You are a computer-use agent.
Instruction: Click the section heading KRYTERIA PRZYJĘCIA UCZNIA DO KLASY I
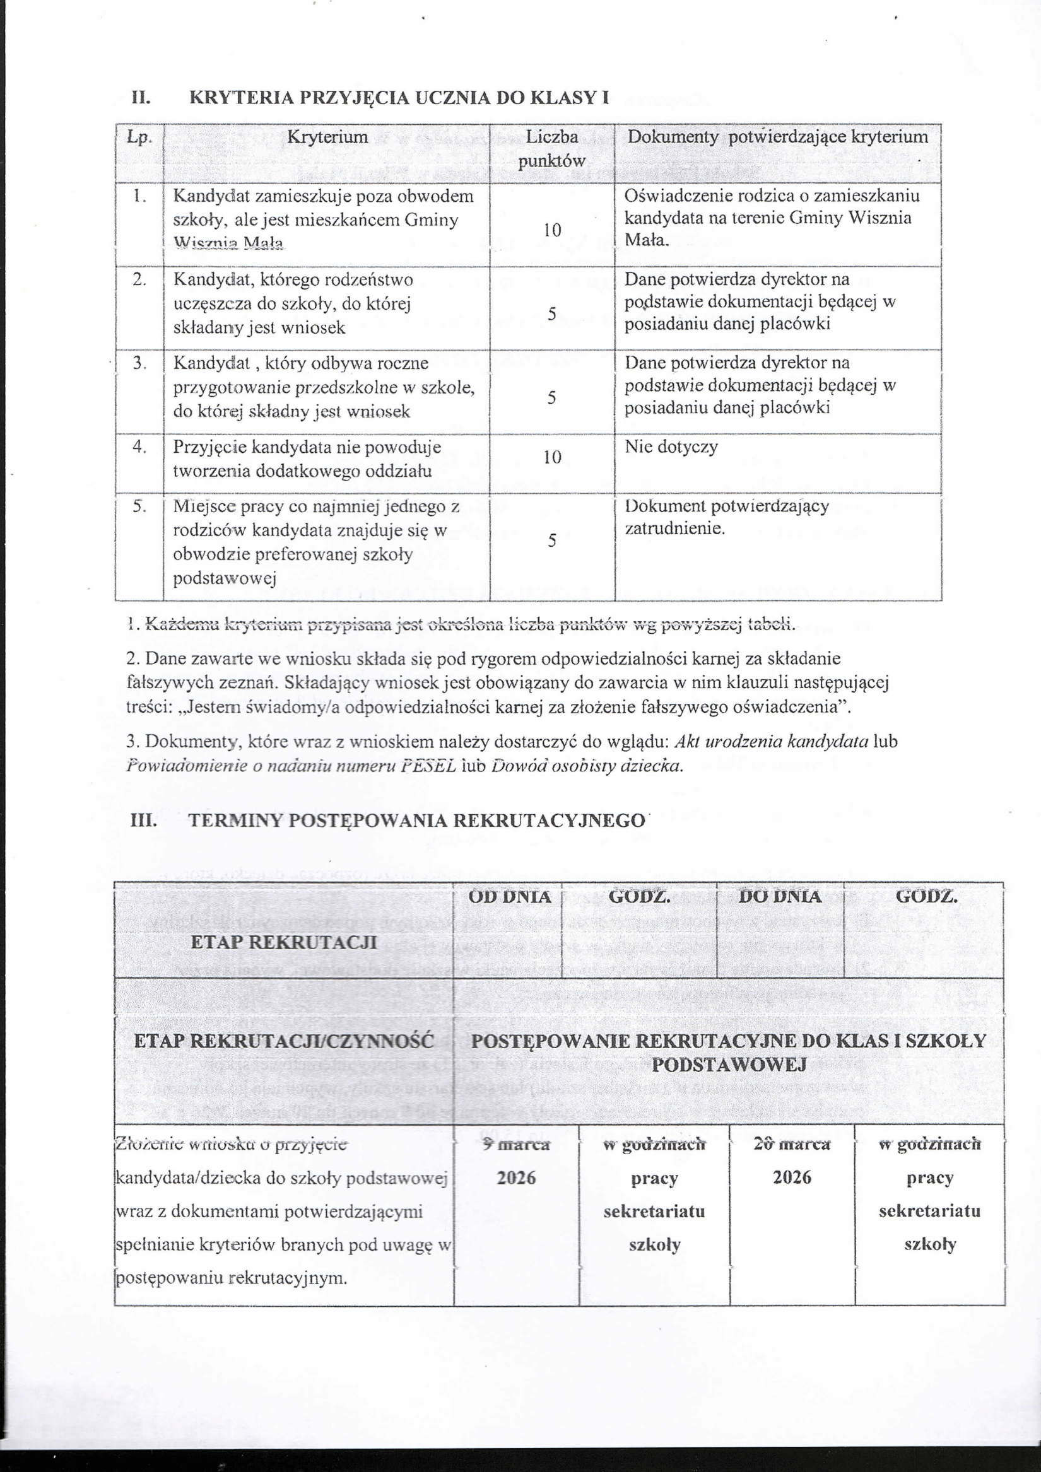point(399,98)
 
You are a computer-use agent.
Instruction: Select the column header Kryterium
point(327,137)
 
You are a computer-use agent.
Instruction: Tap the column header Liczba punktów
point(551,149)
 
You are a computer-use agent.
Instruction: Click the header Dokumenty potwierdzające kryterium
point(777,137)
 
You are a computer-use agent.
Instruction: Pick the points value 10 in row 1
point(552,230)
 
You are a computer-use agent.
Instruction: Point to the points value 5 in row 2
point(551,314)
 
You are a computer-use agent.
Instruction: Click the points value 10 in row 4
point(552,457)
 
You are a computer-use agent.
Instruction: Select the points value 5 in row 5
point(551,541)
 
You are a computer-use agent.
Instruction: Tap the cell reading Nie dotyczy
point(671,447)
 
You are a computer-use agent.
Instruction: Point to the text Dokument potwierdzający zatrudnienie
point(727,517)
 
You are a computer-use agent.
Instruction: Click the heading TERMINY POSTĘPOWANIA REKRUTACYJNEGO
point(416,821)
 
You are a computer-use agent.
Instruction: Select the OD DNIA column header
point(510,897)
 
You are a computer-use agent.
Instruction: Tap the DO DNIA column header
point(779,897)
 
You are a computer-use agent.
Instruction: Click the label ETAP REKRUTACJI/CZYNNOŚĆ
point(284,1041)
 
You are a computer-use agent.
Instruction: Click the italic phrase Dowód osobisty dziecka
point(586,766)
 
